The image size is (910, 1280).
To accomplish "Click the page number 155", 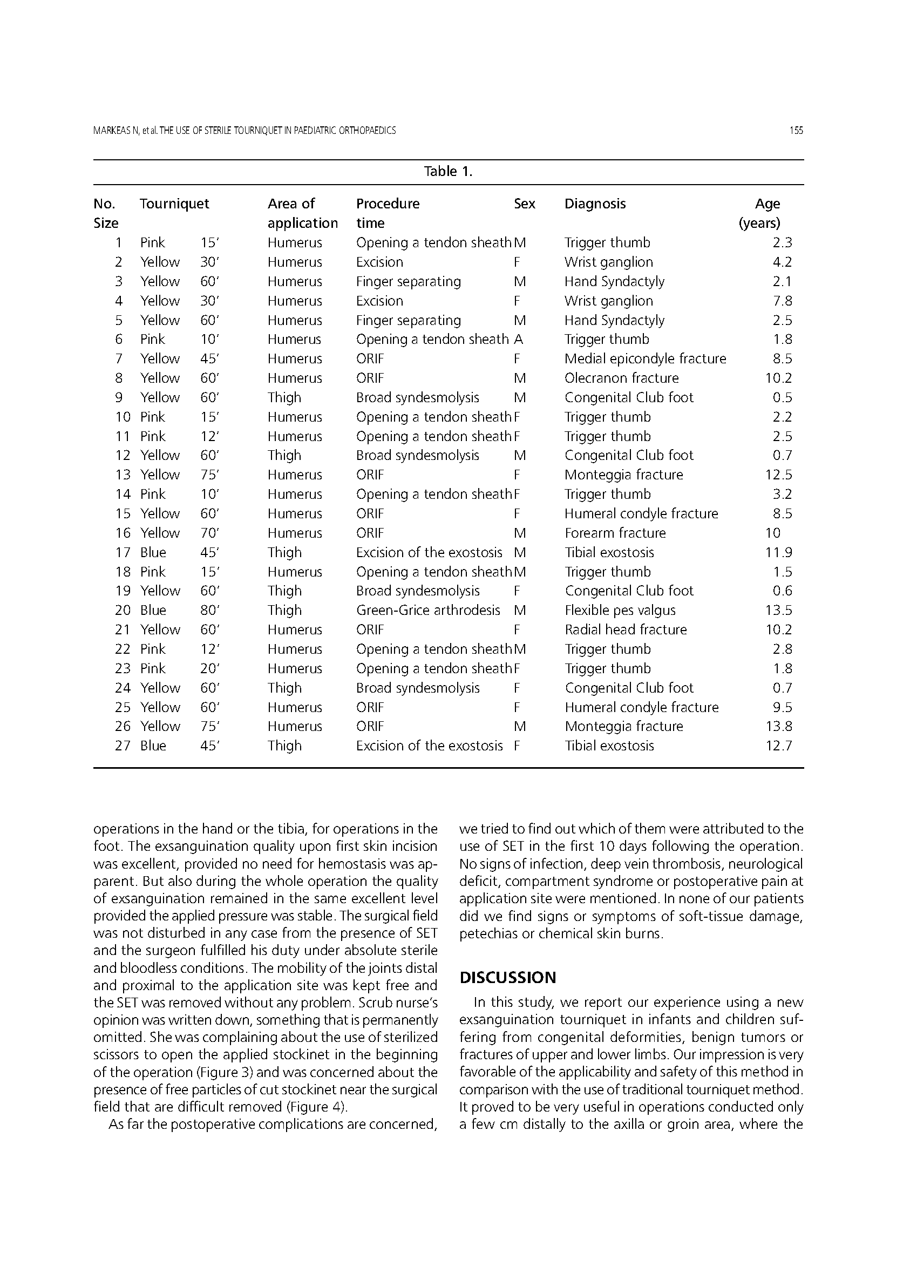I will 796,131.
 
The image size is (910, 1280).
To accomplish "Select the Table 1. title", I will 449,172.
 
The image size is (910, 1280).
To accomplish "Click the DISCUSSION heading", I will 508,977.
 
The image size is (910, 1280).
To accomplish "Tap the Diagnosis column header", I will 595,204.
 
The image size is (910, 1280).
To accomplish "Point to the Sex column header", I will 525,204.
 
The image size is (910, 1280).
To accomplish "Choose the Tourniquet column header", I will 174,204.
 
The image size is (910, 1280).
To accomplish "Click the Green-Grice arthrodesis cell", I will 428,609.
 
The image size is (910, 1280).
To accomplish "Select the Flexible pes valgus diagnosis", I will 620,609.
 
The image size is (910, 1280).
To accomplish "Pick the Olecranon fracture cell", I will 621,378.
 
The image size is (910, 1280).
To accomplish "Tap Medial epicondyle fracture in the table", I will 645,358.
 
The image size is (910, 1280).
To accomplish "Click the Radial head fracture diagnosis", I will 626,629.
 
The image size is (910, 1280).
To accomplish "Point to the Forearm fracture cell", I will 615,533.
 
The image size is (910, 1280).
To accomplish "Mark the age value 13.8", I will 779,726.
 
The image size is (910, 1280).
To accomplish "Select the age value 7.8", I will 782,301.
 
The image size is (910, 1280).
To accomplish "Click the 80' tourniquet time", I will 209,609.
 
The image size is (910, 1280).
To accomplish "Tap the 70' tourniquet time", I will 209,533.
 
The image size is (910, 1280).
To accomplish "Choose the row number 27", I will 123,746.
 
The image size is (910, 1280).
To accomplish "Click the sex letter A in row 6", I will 518,339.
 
